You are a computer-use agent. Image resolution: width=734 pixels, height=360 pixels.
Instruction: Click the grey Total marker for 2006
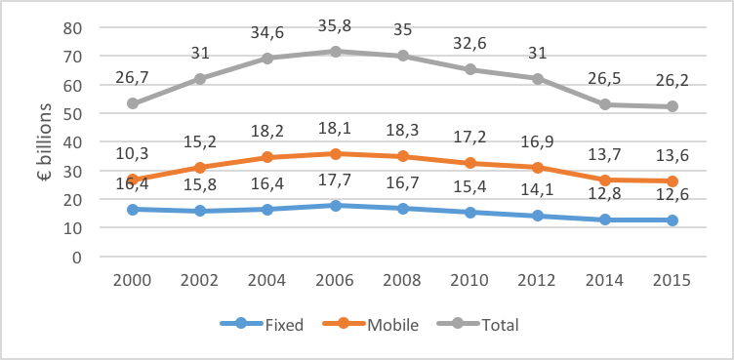[x=335, y=51]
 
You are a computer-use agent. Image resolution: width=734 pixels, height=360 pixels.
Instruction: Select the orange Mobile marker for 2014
[x=605, y=180]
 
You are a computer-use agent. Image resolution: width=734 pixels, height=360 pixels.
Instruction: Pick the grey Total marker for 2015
[x=673, y=106]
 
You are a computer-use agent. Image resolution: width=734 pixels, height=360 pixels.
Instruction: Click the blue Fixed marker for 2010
[x=470, y=212]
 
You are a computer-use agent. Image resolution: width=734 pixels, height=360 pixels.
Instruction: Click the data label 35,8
[x=335, y=27]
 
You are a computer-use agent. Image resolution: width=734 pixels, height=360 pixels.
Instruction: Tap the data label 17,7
[x=335, y=181]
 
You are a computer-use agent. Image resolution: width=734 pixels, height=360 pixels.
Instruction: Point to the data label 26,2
[x=673, y=82]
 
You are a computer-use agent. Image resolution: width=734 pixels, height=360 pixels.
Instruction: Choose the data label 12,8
[x=605, y=196]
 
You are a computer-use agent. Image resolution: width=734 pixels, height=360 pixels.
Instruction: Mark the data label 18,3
[x=403, y=130]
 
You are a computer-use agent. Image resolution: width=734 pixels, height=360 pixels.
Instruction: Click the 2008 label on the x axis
[x=403, y=279]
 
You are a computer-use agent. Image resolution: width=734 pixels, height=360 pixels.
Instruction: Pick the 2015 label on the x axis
[x=673, y=279]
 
